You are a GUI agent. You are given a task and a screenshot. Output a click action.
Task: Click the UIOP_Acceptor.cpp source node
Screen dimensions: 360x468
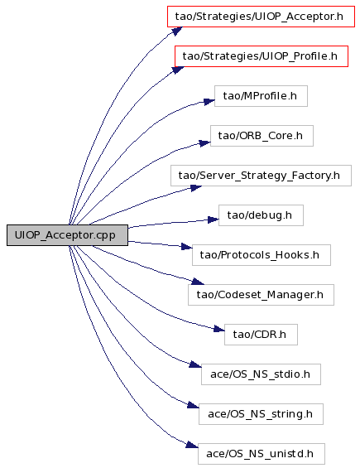[x=67, y=235]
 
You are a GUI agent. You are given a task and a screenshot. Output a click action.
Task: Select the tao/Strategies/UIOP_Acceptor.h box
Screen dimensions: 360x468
[x=261, y=17]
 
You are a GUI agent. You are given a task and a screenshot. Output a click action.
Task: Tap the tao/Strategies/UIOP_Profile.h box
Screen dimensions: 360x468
[x=262, y=56]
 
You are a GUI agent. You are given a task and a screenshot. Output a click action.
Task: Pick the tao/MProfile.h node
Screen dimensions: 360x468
[x=261, y=96]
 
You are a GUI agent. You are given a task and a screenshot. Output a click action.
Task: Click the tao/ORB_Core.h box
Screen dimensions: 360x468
[x=262, y=136]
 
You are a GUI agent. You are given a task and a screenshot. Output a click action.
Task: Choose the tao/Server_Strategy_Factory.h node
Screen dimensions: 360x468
[x=261, y=176]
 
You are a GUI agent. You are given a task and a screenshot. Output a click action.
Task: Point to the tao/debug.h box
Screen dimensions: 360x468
[x=261, y=215]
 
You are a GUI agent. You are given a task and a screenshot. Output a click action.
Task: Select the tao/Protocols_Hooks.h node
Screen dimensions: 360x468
[x=262, y=255]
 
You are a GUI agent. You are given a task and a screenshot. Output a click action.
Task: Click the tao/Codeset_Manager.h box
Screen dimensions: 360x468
[x=261, y=295]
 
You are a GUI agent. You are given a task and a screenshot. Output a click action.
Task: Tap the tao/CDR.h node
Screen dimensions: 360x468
[x=261, y=335]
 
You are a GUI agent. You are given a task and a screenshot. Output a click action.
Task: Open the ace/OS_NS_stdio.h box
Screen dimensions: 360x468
[x=261, y=374]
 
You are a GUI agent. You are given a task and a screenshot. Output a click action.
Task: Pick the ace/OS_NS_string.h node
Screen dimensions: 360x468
[x=261, y=414]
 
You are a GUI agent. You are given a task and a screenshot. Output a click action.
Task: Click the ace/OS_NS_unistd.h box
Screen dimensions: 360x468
[x=262, y=454]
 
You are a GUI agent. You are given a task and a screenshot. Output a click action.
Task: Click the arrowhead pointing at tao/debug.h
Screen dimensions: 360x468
[x=214, y=220]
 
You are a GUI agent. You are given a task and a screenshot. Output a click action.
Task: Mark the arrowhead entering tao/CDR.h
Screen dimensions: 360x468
[x=219, y=329]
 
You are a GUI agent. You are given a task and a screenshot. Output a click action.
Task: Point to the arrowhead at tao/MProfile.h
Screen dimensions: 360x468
[x=209, y=102]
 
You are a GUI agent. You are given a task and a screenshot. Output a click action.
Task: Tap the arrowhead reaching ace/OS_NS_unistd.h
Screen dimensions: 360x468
[x=192, y=445]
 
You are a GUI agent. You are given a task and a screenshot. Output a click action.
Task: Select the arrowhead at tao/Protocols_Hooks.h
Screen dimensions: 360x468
[x=187, y=247]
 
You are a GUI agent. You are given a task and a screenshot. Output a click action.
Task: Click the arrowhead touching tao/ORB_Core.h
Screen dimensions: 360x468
[x=205, y=142]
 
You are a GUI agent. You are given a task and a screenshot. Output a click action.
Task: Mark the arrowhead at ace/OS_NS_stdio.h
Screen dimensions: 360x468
[x=195, y=364]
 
